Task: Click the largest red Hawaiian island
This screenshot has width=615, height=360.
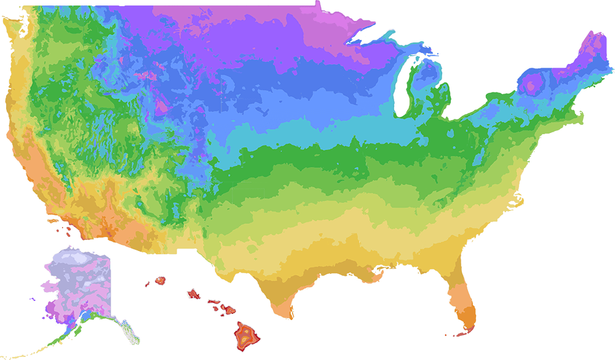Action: click(x=245, y=335)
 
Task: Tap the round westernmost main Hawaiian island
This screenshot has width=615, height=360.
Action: click(x=161, y=280)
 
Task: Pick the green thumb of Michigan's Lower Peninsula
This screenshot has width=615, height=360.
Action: click(x=441, y=92)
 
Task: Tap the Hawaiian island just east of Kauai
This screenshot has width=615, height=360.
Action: click(x=194, y=294)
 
